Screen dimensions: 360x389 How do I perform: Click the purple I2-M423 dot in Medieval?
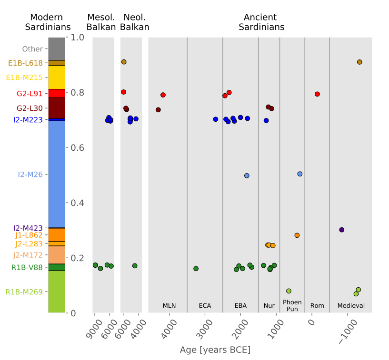[341, 230]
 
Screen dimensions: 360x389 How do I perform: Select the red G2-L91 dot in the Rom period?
[317, 94]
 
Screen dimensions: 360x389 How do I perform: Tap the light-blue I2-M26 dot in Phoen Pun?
[300, 174]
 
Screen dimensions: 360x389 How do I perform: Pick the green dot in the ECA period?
[196, 269]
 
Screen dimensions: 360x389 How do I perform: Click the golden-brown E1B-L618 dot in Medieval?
[359, 62]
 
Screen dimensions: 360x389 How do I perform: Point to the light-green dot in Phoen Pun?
[289, 291]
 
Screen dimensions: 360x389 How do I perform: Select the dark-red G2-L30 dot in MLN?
[158, 110]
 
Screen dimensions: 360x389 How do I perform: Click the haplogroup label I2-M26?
[30, 175]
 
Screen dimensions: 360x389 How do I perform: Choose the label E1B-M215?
[24, 78]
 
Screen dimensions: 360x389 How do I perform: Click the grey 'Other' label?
[32, 49]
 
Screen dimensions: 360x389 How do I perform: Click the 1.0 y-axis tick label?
[77, 38]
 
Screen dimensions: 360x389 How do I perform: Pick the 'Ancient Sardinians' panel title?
[261, 22]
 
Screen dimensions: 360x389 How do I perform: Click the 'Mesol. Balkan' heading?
[101, 22]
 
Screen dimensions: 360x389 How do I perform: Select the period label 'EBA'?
[240, 306]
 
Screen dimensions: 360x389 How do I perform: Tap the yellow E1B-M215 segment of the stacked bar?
[57, 77]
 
